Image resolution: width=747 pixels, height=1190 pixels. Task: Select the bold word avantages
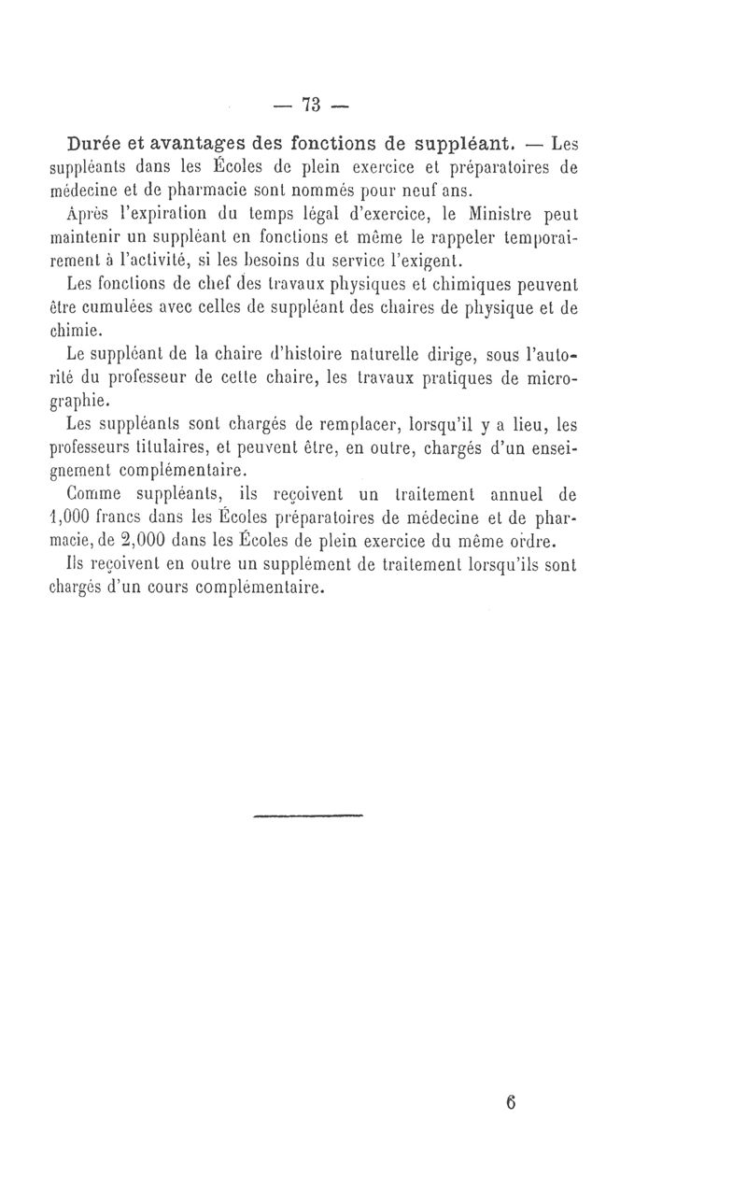[214, 146]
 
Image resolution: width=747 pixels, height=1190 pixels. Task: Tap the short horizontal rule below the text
[307, 816]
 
